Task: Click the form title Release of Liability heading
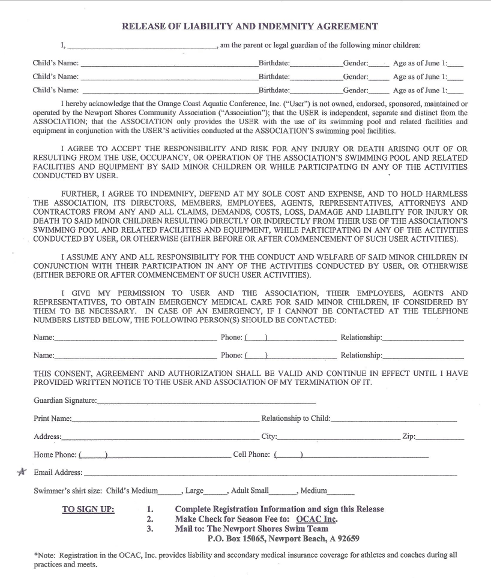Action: tap(250, 26)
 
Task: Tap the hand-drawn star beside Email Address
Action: tap(22, 472)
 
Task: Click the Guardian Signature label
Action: tap(65, 400)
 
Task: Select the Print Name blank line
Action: tap(166, 420)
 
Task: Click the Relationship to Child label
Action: tap(295, 418)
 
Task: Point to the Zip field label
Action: tap(408, 437)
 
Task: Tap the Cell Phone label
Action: tap(251, 454)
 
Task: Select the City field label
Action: tap(269, 437)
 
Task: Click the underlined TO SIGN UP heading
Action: tap(88, 510)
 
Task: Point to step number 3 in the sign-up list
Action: tap(150, 529)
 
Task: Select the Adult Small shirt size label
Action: tap(250, 490)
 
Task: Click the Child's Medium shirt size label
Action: tap(131, 490)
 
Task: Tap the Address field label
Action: tap(47, 437)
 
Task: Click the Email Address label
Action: tap(58, 472)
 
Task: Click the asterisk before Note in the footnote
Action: tap(35, 556)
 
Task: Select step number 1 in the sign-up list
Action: tap(150, 510)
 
